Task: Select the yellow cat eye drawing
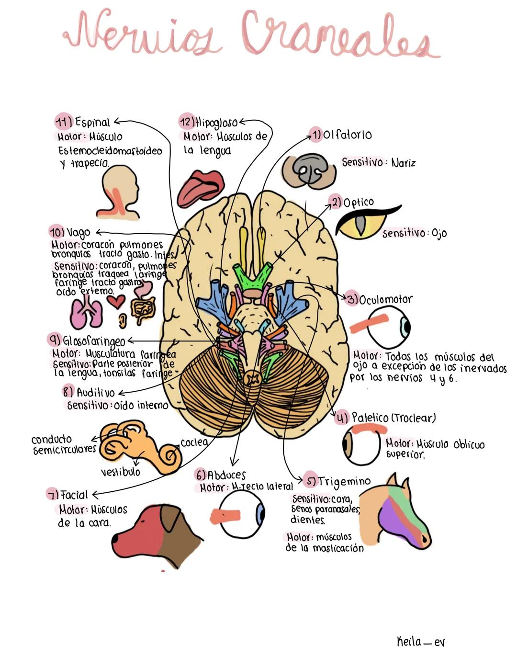362,223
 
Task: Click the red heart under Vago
116,302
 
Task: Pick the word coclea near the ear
194,442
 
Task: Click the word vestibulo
120,472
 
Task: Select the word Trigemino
344,481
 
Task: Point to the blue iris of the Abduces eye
260,514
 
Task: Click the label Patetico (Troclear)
393,418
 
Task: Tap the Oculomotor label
385,300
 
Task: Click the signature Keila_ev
421,642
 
